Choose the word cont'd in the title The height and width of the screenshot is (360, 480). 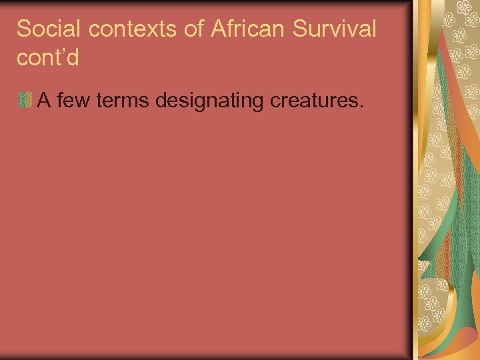point(47,58)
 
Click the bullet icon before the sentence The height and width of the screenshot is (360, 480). point(25,101)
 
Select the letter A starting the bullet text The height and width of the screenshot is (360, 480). point(45,100)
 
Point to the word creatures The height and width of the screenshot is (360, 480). point(314,100)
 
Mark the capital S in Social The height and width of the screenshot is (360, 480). point(23,29)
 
